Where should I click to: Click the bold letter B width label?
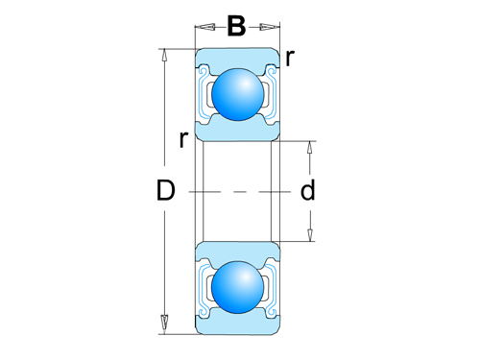pyautogui.click(x=236, y=26)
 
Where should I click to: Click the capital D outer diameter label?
pyautogui.click(x=165, y=191)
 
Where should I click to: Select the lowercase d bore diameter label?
pyautogui.click(x=307, y=191)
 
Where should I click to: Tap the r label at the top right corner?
pyautogui.click(x=290, y=58)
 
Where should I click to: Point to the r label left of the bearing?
pyautogui.click(x=182, y=139)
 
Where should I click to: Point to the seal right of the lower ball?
pyautogui.click(x=268, y=288)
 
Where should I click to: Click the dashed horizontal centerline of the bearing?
pyautogui.click(x=235, y=191)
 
